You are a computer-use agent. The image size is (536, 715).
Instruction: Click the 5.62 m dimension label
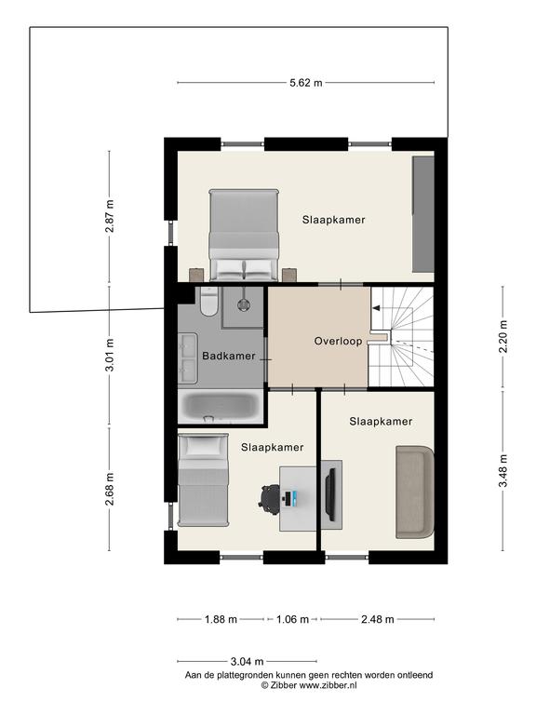[306, 83]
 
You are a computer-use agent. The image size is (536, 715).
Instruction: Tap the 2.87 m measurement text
[110, 216]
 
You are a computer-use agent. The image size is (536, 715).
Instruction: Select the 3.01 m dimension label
[110, 356]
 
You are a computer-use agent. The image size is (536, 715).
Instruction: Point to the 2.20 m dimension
[502, 336]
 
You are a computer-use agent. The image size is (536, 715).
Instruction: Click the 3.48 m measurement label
[502, 471]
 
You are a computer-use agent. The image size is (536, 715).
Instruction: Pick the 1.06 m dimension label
[292, 619]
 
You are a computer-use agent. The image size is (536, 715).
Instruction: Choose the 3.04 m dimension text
[247, 661]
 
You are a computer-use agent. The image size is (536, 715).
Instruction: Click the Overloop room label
[338, 341]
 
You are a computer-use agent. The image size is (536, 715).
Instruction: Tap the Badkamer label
[229, 356]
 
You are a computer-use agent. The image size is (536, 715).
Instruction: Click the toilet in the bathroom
[208, 301]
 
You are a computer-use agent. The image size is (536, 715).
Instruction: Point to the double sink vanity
[187, 357]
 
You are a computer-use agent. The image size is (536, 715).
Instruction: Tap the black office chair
[269, 499]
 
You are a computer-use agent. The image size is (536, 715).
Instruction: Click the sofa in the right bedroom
[415, 492]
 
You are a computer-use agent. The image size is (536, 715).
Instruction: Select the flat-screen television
[330, 494]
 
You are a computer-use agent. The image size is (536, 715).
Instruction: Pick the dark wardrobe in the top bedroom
[423, 214]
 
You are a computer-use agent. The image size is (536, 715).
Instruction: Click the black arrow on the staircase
[376, 308]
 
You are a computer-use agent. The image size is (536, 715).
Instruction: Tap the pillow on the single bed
[203, 445]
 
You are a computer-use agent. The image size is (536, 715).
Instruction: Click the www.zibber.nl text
[328, 685]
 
